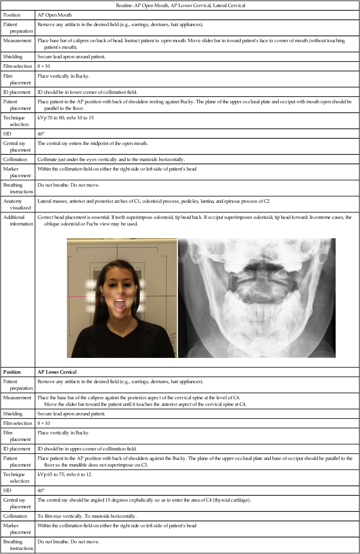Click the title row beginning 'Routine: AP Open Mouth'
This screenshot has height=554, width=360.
(x=180, y=5)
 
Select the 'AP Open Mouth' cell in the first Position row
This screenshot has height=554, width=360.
(x=54, y=15)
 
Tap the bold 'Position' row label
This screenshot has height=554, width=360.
(x=12, y=372)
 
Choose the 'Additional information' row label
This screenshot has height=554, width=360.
(x=16, y=220)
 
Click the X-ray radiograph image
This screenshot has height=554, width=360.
(x=256, y=298)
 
